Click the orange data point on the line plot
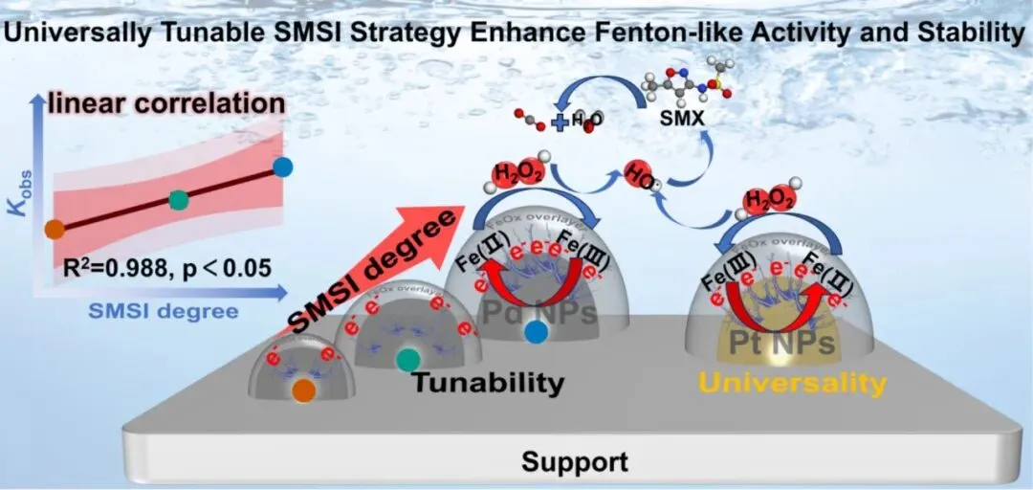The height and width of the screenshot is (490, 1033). click(55, 228)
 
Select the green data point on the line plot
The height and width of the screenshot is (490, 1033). click(178, 199)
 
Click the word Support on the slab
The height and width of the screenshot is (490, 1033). click(575, 463)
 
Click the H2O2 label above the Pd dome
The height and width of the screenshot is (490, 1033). click(516, 176)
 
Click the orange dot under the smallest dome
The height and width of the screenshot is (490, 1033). click(303, 390)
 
